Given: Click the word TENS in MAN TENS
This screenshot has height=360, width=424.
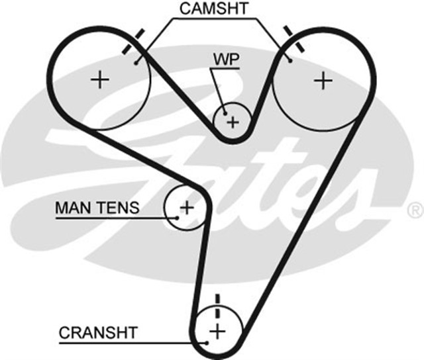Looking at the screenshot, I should (119, 208).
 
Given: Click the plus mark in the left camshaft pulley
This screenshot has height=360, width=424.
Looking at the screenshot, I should (100, 80).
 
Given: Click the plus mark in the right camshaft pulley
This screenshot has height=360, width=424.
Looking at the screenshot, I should (323, 80).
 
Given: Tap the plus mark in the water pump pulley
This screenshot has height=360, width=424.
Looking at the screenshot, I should (232, 122).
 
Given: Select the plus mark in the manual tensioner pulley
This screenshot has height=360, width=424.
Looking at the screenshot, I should (186, 207).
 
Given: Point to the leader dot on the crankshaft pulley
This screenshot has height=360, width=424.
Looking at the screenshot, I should (206, 342).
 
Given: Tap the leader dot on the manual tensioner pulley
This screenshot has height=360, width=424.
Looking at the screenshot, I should (178, 216).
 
